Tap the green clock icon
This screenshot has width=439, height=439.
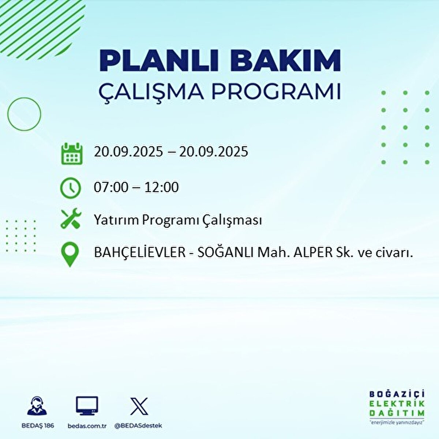(71, 188)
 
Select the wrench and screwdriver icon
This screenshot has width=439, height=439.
(71, 218)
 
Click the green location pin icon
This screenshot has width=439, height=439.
(70, 255)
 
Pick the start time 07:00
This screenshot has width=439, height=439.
(111, 187)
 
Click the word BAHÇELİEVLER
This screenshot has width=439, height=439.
(140, 252)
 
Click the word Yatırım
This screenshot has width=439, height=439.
(116, 220)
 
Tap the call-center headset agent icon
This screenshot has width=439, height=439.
(37, 406)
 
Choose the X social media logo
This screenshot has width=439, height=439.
(139, 406)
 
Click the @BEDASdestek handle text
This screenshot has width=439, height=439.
(138, 426)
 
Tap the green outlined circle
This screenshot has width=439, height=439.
(24, 114)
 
